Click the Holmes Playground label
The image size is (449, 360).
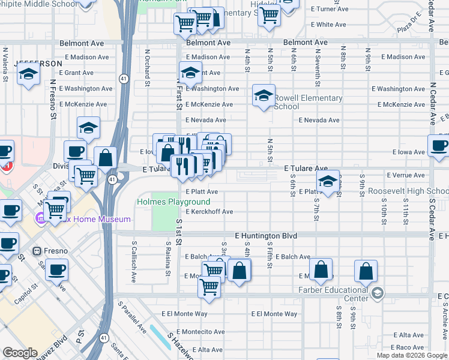173,202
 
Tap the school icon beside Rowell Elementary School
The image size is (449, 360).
264,95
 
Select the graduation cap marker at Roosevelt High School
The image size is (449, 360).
328,181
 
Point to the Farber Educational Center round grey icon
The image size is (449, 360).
377,293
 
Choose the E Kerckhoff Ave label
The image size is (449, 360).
209,212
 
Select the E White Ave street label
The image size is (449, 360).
328,25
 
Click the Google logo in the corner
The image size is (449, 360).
20,353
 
